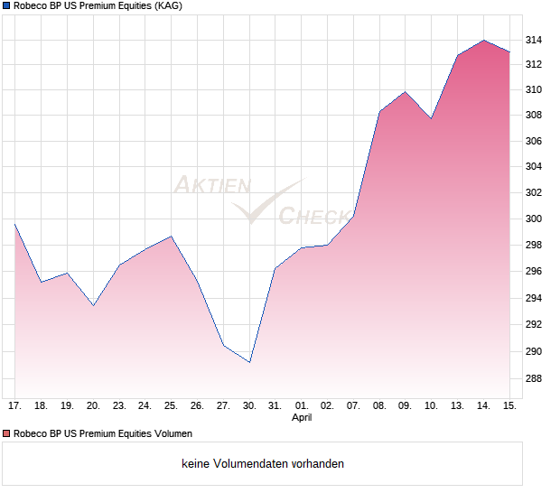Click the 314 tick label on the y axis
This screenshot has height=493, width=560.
534,40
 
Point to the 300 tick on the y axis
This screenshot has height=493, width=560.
534,219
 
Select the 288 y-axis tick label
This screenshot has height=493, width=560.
534,378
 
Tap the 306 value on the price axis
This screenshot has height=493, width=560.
534,141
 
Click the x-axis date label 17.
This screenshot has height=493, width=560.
15,406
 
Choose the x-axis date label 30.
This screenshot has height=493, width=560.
249,406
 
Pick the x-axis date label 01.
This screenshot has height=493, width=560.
302,406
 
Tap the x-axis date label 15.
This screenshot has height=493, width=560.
509,406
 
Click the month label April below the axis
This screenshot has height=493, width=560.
302,418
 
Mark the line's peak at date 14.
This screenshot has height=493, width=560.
484,40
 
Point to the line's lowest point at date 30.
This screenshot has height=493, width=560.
249,362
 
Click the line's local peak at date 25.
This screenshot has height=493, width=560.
172,236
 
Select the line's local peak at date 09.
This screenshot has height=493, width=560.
406,91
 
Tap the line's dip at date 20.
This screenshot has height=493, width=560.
93,305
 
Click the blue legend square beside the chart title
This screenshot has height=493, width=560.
5,6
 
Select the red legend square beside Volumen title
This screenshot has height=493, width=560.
5,433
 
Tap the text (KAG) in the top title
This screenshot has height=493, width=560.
168,6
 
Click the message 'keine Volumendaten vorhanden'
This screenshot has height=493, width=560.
263,464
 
